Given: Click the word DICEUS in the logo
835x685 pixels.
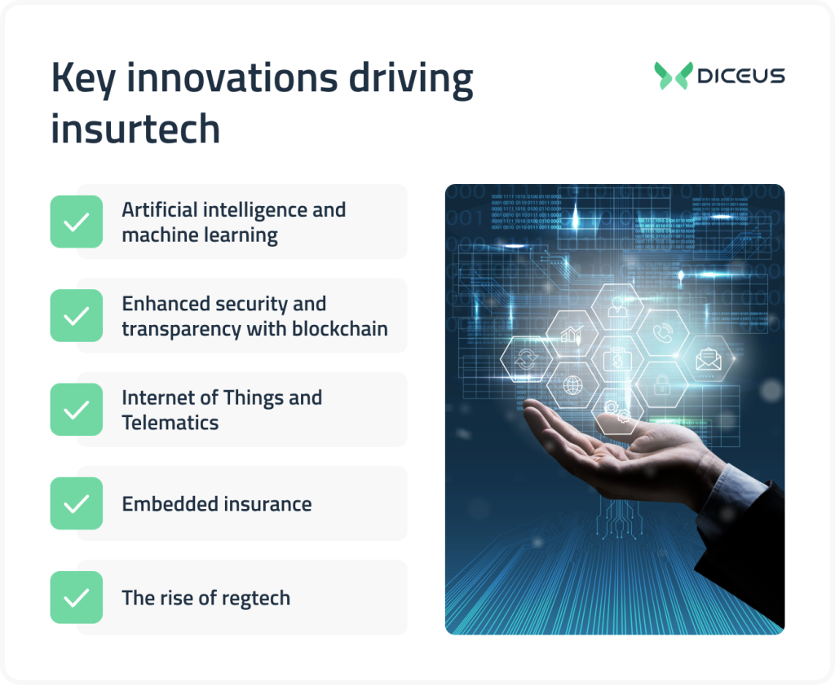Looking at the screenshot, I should tap(740, 76).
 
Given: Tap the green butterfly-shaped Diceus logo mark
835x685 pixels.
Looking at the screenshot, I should tap(673, 75).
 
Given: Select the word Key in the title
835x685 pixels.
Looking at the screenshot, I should tap(83, 79).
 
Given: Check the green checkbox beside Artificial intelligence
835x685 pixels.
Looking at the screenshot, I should tap(77, 222).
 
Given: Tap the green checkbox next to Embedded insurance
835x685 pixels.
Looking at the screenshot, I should tap(77, 503).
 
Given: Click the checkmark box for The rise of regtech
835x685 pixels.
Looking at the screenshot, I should tap(77, 597).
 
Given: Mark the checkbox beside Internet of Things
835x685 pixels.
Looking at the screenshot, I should tap(77, 409).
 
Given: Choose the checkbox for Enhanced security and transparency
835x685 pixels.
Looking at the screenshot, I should tap(77, 315).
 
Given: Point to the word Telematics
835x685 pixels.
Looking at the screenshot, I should tap(170, 423).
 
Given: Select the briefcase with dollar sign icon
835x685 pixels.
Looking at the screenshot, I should tap(616, 359).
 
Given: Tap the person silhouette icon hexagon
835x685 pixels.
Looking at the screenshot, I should tap(616, 308).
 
